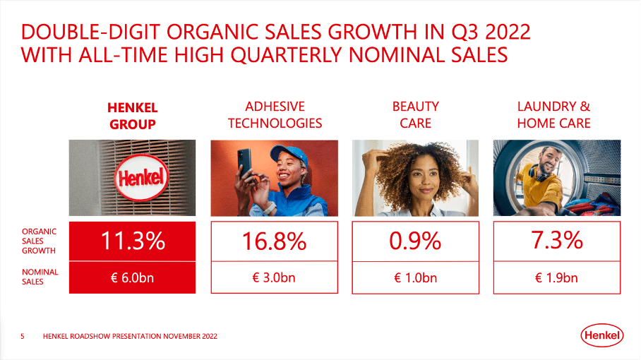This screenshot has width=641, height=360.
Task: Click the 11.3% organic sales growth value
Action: click(132, 241)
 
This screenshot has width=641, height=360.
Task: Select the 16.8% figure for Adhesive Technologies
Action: click(274, 241)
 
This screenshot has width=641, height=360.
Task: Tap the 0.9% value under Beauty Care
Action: click(415, 241)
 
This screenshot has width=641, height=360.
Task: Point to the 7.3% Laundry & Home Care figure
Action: click(556, 241)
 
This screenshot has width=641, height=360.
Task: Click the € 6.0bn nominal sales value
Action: click(132, 277)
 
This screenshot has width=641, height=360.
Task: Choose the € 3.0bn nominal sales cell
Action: click(274, 277)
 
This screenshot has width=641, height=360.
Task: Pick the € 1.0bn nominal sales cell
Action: click(415, 277)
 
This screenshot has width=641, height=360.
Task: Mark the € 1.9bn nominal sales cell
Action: click(556, 277)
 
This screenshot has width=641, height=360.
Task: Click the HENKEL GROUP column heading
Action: click(132, 116)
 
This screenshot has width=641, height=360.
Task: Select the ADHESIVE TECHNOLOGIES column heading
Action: click(275, 115)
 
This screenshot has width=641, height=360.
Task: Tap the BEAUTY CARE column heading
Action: click(416, 115)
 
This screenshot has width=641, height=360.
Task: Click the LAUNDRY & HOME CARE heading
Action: click(553, 115)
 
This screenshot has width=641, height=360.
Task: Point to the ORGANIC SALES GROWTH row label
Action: click(40, 241)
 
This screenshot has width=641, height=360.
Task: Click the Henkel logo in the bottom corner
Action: click(602, 337)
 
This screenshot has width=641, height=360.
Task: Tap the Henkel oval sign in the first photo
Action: click(141, 176)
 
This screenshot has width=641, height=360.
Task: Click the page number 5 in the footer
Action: click(23, 337)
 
